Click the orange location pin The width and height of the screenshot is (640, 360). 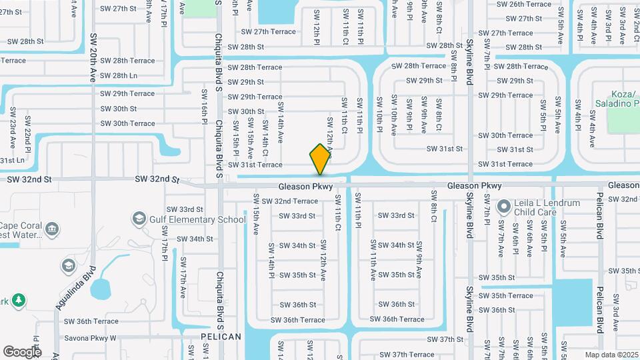tap(320, 159)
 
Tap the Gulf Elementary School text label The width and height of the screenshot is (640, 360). tap(199, 219)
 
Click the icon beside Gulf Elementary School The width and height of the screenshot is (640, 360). tap(139, 219)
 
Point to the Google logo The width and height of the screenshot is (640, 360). tap(22, 351)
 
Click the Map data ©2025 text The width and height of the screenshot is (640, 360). tap(610, 355)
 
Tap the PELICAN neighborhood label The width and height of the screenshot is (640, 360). tap(221, 337)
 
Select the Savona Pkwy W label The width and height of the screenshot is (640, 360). tap(90, 338)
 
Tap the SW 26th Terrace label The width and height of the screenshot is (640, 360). tap(521, 4)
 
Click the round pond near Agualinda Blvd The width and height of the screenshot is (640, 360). tap(101, 289)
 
